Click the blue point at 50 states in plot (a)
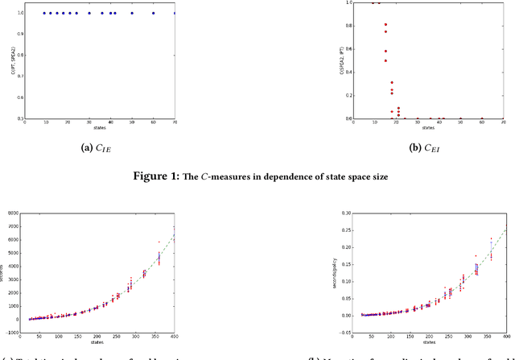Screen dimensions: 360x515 point(132,13)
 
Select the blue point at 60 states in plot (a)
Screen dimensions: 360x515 point(154,13)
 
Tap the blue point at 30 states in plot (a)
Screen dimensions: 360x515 point(89,13)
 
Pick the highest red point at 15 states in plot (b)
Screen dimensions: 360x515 point(385,25)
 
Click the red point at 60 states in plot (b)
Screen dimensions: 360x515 point(482,118)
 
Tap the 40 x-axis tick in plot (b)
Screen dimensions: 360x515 point(439,123)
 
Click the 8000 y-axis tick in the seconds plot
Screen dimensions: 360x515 point(13,213)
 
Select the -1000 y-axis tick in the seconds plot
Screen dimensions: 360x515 point(12,331)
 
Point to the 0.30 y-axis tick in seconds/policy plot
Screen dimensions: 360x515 point(344,213)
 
